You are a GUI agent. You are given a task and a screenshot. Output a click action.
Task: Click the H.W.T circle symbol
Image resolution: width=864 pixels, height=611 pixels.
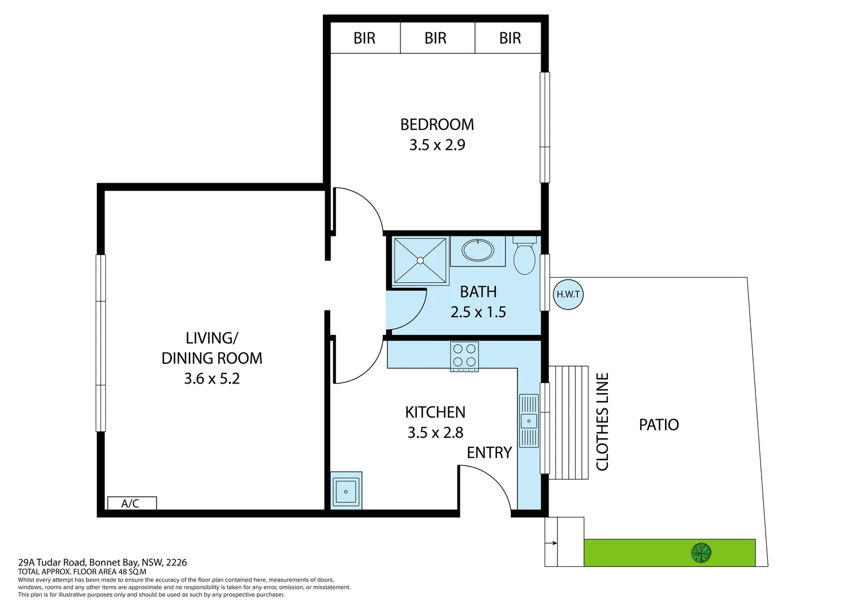(568, 294)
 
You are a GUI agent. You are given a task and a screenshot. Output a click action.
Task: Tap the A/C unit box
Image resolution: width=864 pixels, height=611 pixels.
(131, 503)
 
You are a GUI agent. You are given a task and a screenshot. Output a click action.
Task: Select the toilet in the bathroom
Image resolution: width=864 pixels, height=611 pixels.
(524, 257)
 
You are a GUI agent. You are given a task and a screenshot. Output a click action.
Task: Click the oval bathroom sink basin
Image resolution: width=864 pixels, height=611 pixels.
(478, 250)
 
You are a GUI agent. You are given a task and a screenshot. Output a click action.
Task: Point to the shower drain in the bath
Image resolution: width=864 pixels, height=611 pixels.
(420, 260)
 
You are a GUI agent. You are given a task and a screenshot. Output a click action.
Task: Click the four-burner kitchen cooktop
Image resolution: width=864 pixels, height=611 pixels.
(464, 356)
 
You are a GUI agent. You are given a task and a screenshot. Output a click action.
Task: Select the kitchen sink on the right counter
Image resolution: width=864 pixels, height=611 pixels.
(529, 421)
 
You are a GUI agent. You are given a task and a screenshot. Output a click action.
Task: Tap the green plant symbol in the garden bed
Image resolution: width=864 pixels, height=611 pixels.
(701, 552)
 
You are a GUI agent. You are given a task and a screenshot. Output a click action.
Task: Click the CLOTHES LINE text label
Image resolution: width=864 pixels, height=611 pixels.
(603, 421)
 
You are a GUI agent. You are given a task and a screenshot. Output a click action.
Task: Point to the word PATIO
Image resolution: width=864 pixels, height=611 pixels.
(659, 425)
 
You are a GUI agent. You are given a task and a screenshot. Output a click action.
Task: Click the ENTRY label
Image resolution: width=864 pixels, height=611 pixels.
(489, 453)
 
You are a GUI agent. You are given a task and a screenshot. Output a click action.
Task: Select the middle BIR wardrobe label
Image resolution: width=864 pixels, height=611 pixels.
(435, 38)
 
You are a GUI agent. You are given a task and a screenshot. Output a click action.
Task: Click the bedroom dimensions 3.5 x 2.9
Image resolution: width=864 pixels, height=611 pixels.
(437, 145)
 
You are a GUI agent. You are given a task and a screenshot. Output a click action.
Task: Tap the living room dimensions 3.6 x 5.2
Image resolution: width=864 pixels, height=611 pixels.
(212, 378)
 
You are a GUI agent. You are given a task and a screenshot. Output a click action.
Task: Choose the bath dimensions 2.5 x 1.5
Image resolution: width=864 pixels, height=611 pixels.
(478, 312)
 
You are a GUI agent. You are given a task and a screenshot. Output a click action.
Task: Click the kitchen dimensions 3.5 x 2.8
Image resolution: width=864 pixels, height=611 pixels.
(435, 433)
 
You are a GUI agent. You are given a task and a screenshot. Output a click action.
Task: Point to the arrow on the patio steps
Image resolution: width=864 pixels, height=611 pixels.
(551, 543)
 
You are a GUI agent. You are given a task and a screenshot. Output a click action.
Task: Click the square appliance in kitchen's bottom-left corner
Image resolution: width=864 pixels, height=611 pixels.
(345, 491)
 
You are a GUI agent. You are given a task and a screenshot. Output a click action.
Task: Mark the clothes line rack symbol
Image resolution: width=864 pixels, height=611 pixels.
(569, 422)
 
